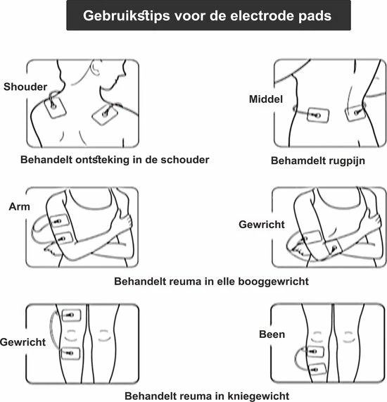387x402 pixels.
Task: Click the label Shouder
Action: tap(25, 87)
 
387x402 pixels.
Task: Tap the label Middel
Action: tap(266, 99)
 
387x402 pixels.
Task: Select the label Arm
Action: tap(19, 206)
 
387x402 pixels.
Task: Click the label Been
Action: tap(272, 334)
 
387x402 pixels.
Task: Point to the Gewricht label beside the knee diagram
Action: tap(24, 342)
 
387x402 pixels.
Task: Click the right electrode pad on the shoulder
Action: tap(106, 111)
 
